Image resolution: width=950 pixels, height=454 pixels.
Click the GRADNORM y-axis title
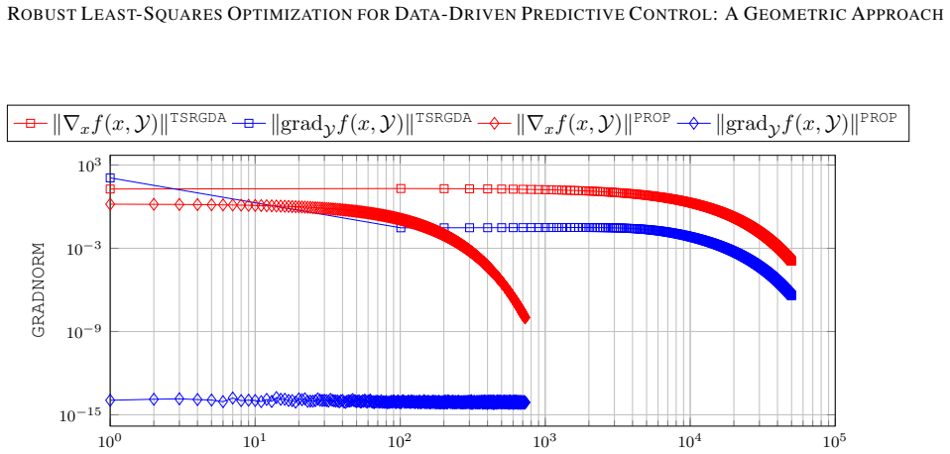coord(38,290)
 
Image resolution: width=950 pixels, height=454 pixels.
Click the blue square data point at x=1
coord(110,178)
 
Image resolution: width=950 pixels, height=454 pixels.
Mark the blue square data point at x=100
coord(401,228)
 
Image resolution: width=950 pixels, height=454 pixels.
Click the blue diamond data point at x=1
coord(110,400)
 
